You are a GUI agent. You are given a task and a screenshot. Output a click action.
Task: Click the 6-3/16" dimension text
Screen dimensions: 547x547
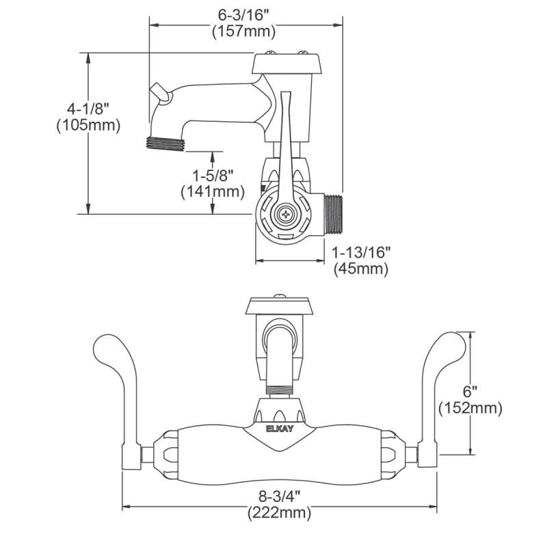[x=244, y=15]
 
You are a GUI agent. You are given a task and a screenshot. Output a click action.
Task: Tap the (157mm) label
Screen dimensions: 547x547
[x=244, y=31]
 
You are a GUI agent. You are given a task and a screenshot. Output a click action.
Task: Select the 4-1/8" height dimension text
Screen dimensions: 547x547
[x=88, y=109]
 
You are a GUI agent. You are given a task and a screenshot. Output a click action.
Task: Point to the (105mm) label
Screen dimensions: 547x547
[x=88, y=125]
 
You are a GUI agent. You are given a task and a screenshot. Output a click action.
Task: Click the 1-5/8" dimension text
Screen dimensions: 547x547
[x=213, y=176]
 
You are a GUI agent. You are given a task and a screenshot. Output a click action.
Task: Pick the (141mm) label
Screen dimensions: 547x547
[x=213, y=191]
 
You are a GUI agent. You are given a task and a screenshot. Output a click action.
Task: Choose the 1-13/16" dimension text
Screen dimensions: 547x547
[x=361, y=252]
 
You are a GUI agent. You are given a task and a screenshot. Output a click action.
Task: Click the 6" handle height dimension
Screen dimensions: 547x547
[x=470, y=391]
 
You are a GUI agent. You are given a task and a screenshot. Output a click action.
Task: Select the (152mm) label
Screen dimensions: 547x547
[x=470, y=408]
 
